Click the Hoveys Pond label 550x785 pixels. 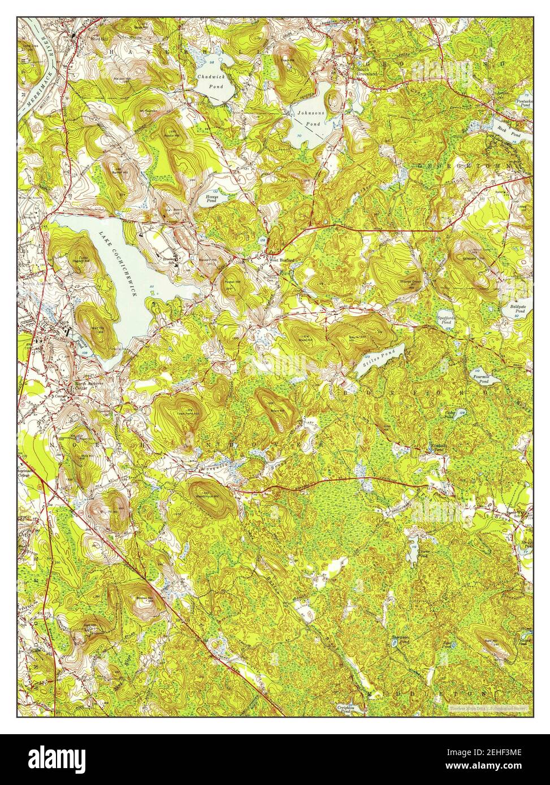tap(211, 198)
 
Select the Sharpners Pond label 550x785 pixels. tap(400, 640)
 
